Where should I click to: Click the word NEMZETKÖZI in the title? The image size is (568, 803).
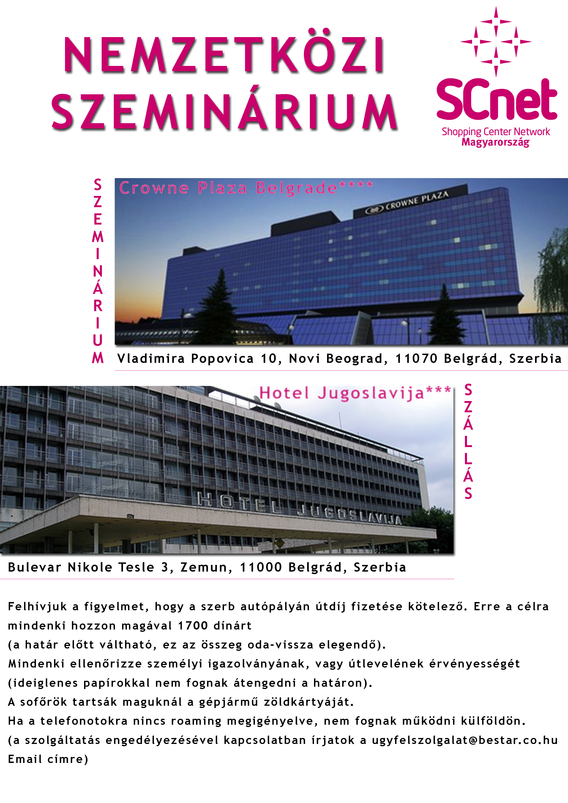[224, 55]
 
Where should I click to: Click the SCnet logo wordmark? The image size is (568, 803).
[496, 99]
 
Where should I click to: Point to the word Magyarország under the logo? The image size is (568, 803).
[495, 142]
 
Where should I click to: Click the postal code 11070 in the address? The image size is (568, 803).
[416, 358]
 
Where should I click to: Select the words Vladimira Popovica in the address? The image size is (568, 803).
[186, 358]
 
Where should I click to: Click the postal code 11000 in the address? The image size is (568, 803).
[261, 567]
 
